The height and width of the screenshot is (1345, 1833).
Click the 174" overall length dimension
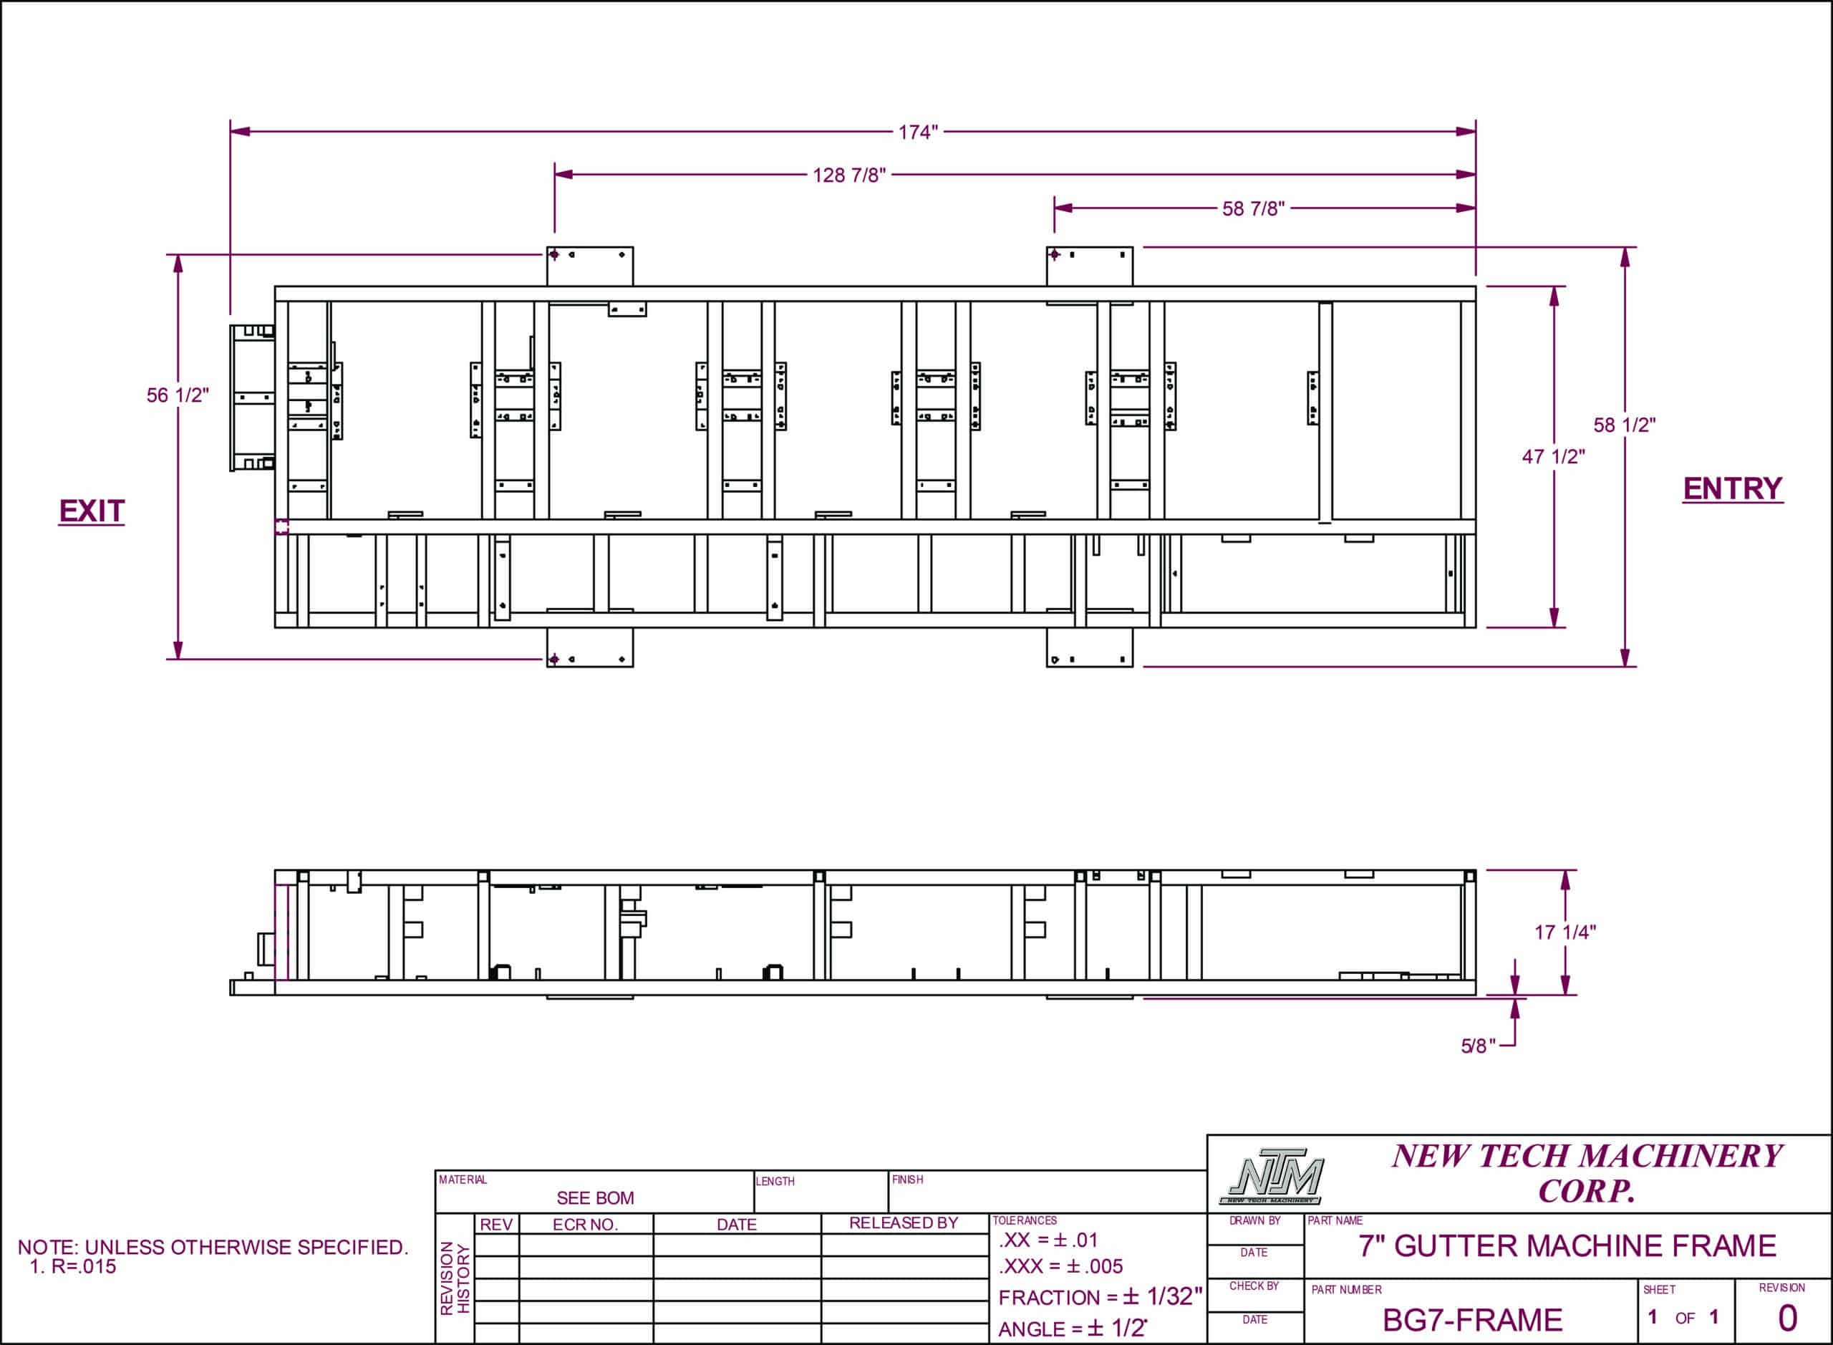pyautogui.click(x=918, y=132)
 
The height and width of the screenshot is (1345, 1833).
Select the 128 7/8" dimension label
pyautogui.click(x=849, y=175)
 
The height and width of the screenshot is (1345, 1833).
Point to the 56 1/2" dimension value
pyautogui.click(x=178, y=395)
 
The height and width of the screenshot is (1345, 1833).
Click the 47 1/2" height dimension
pyautogui.click(x=1553, y=457)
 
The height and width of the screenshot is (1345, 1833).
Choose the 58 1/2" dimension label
pyautogui.click(x=1624, y=425)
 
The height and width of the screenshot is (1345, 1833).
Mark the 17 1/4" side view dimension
pyautogui.click(x=1564, y=932)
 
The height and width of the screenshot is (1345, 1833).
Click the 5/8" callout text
pyautogui.click(x=1477, y=1046)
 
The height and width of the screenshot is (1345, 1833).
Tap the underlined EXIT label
pyautogui.click(x=91, y=511)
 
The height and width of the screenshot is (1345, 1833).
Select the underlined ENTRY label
pyautogui.click(x=1732, y=488)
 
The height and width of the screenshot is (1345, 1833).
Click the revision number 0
pyautogui.click(x=1787, y=1318)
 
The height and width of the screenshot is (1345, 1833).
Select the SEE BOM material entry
pyautogui.click(x=595, y=1197)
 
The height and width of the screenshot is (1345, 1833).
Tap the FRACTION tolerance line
pyautogui.click(x=1100, y=1297)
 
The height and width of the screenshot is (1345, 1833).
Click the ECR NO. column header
pyautogui.click(x=585, y=1225)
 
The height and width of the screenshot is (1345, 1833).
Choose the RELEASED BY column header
pyautogui.click(x=904, y=1223)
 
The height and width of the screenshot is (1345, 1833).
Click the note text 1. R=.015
pyautogui.click(x=73, y=1267)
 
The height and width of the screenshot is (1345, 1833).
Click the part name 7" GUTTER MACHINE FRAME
pyautogui.click(x=1567, y=1246)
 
